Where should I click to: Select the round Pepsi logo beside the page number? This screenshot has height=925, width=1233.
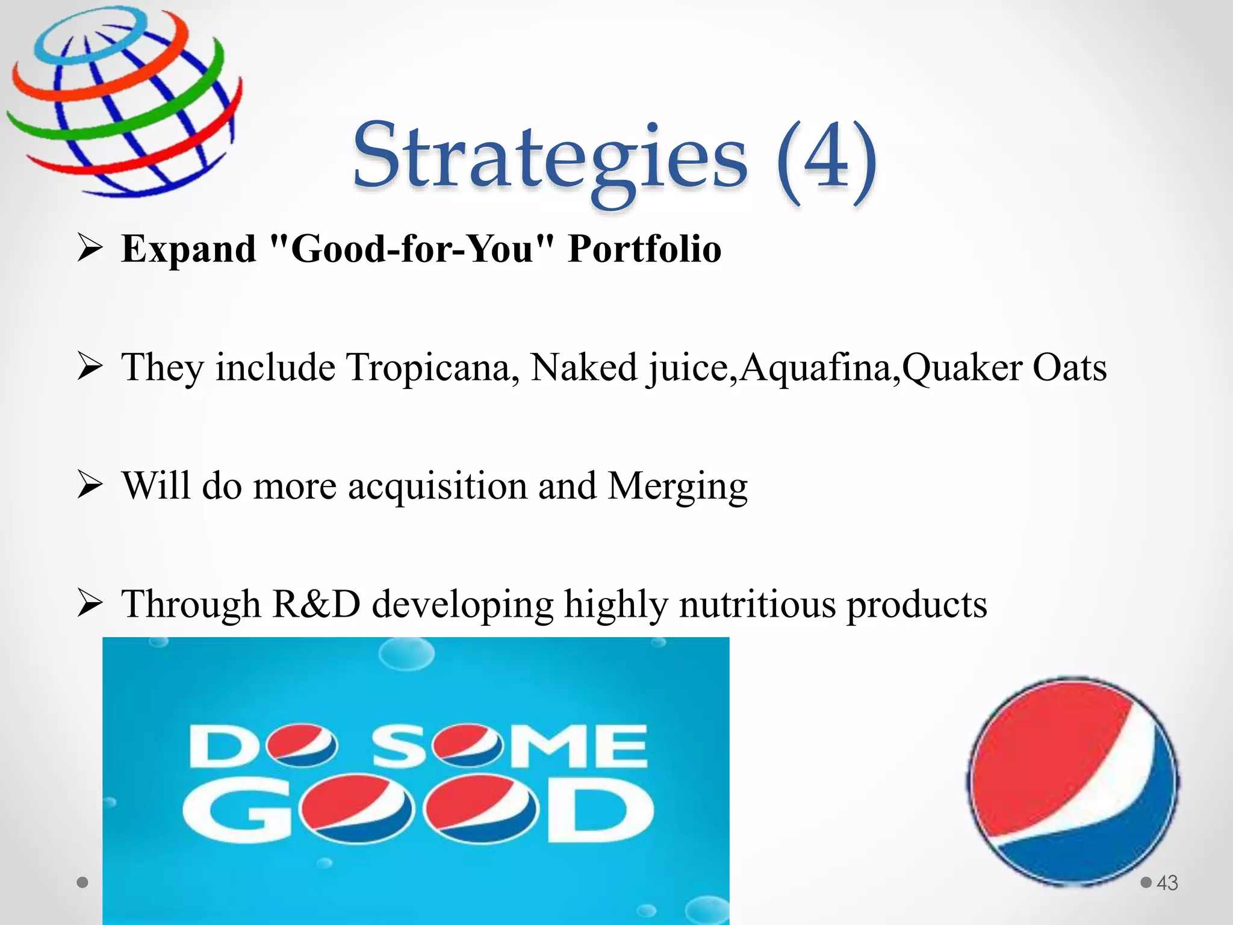pos(1073,780)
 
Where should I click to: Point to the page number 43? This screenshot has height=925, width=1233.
pos(1167,883)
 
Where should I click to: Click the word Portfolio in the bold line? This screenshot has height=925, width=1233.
pos(644,248)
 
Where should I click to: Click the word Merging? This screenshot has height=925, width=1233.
pos(677,486)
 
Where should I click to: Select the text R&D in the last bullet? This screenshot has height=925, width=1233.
pos(316,604)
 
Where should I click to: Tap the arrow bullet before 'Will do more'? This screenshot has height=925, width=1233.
pos(90,485)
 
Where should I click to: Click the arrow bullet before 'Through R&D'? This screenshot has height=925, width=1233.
pos(90,603)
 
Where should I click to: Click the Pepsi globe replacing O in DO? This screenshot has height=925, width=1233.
pos(303,746)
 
